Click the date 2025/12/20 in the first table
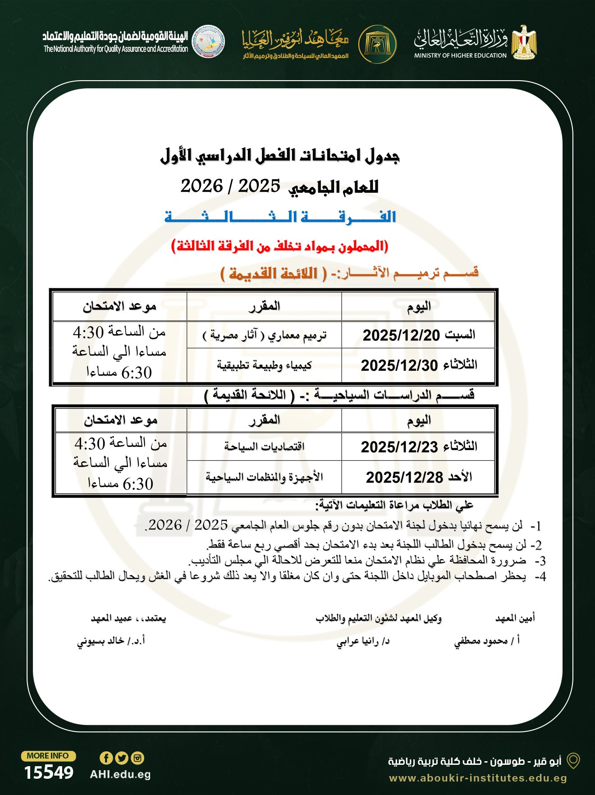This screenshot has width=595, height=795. coord(419,335)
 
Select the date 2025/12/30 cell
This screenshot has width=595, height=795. coord(419,365)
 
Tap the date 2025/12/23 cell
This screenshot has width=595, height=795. coord(419,447)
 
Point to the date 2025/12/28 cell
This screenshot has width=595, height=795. coord(419,477)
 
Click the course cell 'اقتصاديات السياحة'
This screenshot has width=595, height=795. coord(264,447)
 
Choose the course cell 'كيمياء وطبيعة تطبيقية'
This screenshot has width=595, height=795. coord(264,365)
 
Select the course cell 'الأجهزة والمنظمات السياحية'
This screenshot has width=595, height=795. coord(264,477)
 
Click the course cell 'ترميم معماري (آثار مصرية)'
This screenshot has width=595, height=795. coord(264,335)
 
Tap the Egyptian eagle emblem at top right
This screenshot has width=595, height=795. coord(524,43)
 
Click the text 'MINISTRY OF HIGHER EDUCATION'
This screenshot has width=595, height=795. coord(460,55)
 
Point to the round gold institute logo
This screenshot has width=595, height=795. coord(377,44)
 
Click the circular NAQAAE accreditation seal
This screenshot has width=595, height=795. coord(208,41)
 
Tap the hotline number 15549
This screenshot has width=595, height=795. coord(49,772)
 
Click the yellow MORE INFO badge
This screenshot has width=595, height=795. coord(48,756)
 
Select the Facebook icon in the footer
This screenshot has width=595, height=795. coord(106,758)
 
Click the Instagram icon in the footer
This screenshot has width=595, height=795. coord(137,758)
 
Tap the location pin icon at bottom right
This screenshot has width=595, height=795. coord(573,761)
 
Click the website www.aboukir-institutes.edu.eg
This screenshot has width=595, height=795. coord(478,778)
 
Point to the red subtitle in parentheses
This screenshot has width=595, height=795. coord(279,246)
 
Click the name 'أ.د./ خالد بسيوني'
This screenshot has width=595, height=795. coord(111,641)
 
